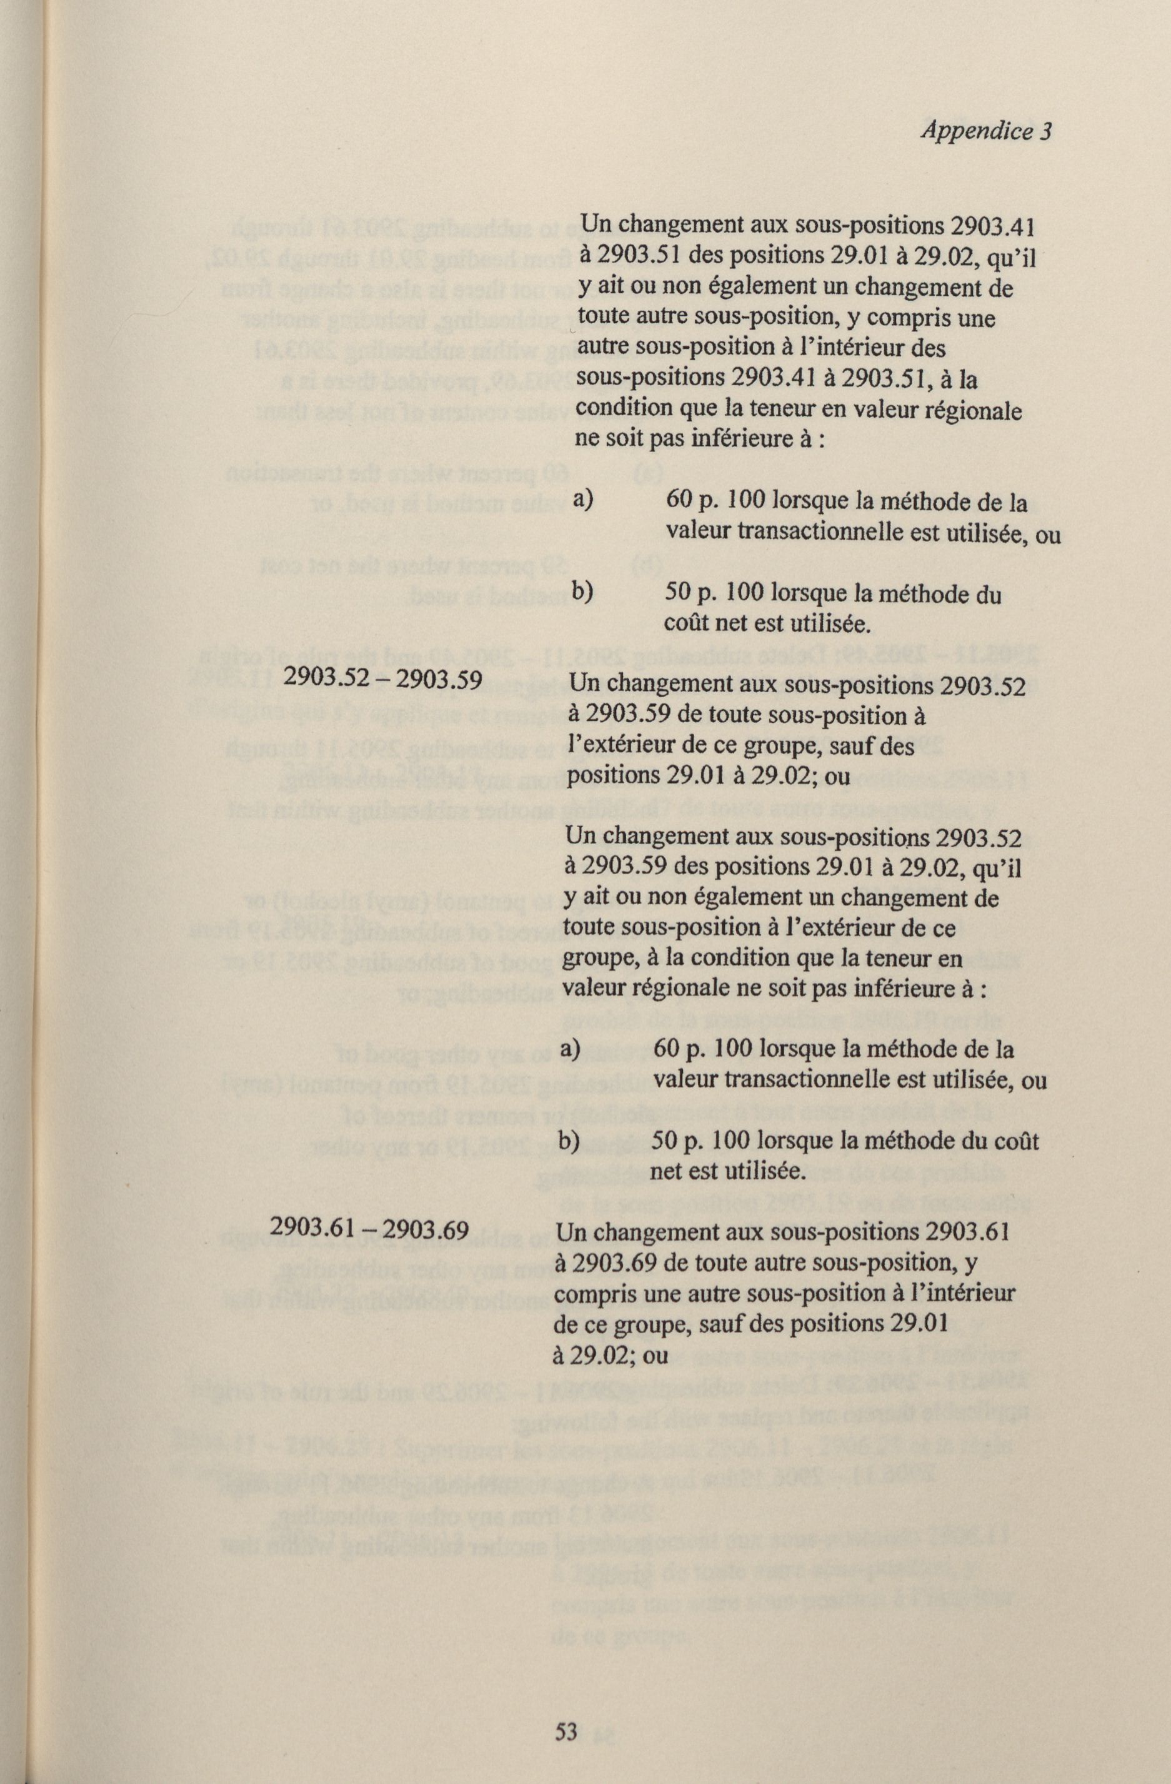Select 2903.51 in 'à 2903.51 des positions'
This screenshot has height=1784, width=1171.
(x=634, y=256)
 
